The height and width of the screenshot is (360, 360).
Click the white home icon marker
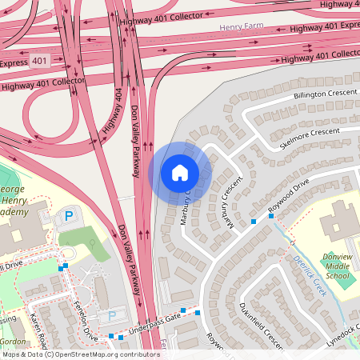180,173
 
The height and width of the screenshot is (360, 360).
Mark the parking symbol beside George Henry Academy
68,215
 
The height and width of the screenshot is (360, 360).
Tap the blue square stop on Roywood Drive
254,221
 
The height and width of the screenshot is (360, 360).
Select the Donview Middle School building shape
339,220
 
